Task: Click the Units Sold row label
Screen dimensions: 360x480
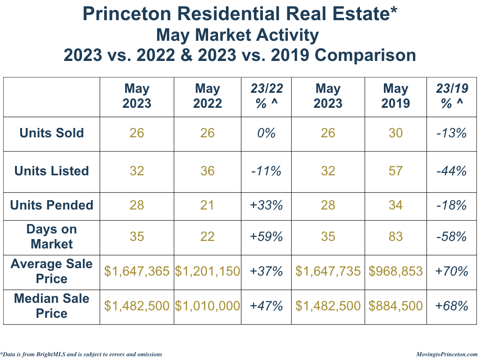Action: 52,133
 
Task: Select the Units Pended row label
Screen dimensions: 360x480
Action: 52,205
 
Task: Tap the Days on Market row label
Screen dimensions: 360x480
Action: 52,237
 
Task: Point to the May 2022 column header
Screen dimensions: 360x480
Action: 207,96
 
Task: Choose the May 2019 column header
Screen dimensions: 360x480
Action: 396,96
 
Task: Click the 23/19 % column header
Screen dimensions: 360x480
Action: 451,96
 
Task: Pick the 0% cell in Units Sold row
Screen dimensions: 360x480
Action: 266,133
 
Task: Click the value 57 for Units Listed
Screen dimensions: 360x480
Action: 396,171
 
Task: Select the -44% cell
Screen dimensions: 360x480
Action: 451,171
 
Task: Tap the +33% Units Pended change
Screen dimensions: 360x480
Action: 266,205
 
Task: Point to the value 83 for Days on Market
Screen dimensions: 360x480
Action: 396,237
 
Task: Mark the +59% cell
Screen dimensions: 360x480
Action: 266,237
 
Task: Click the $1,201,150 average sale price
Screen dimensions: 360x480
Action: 207,271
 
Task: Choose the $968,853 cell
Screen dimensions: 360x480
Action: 396,271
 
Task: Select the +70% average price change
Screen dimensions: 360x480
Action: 451,271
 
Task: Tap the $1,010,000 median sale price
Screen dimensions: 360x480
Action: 207,306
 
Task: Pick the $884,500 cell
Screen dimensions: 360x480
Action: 396,306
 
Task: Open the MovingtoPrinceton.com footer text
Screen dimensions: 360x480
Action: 447,354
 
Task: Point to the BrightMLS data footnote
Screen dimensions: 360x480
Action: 82,354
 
